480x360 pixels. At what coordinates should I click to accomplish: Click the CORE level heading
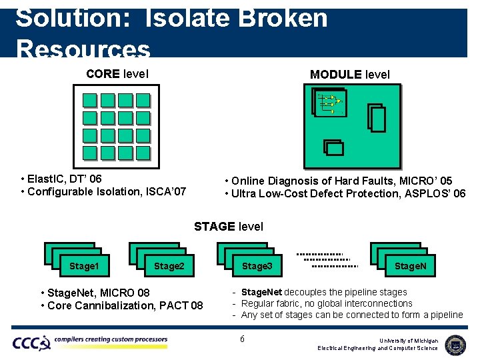coord(117,73)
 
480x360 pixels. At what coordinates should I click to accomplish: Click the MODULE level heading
coord(349,75)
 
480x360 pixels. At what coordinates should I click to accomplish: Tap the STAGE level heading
coord(229,227)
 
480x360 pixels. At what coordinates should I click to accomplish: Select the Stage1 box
coord(84,266)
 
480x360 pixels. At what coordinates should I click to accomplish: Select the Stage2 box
coord(169,266)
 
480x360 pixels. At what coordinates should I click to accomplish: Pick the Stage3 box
coord(257,266)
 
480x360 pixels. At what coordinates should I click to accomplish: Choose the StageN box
coord(411,266)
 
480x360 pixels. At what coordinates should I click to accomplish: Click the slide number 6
coord(242,339)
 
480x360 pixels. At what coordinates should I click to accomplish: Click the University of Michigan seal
coord(455,344)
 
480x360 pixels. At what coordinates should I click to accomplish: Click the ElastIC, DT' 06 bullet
coord(61,179)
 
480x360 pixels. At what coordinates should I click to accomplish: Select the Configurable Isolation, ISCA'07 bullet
coord(104,192)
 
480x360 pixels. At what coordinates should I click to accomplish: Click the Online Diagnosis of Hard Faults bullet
coord(339,181)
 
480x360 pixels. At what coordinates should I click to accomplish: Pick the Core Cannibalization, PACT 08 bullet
coord(121,305)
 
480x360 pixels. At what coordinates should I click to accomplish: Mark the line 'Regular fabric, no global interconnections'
coord(327,303)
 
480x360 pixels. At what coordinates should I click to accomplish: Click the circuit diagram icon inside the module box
coord(329,103)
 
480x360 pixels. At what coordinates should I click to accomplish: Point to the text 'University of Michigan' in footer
coord(409,340)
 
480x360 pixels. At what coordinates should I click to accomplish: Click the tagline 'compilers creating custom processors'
coord(111,340)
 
